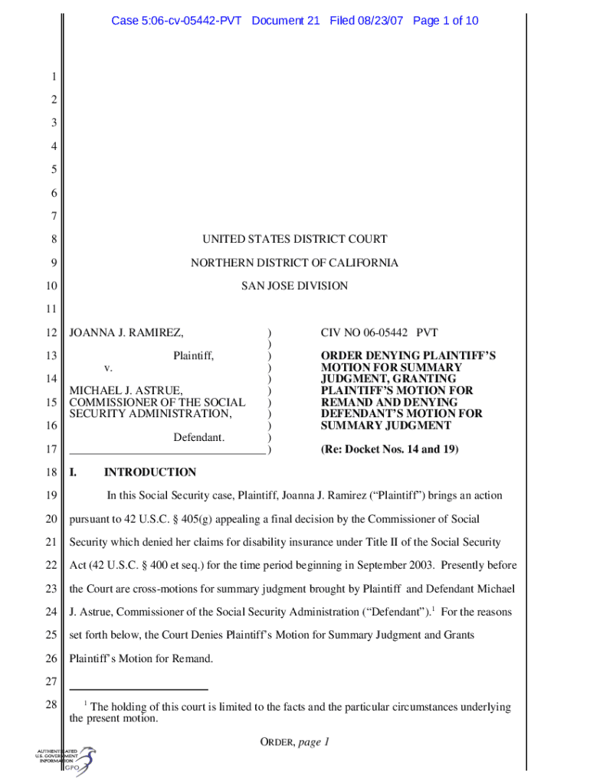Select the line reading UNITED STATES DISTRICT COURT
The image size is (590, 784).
(295, 240)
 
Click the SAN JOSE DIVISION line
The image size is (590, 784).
(295, 286)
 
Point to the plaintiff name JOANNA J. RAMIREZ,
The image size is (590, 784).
(126, 333)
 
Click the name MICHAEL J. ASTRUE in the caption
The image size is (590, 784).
(126, 390)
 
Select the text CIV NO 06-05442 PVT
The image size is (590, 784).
(379, 333)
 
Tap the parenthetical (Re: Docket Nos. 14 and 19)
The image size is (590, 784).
(389, 449)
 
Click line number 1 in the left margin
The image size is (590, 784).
(54, 77)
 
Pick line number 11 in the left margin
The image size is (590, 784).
(51, 309)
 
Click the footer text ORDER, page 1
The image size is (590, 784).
(294, 742)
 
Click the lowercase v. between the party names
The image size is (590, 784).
(108, 367)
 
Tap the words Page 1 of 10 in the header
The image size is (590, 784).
(445, 21)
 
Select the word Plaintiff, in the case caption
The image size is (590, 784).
(193, 356)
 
